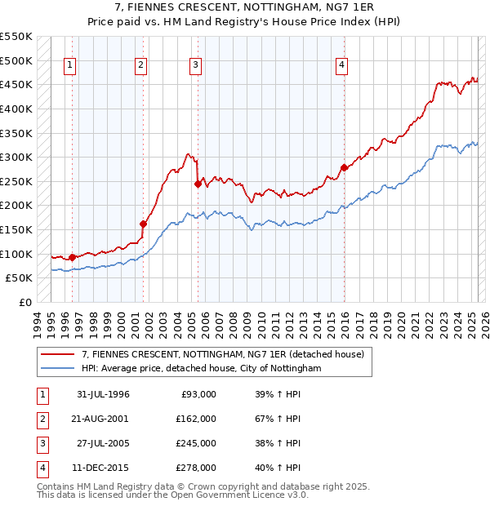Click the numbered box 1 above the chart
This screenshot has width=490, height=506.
[x=69, y=66]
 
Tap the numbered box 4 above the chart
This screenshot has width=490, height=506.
[x=341, y=66]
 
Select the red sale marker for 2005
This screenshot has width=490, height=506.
[x=198, y=184]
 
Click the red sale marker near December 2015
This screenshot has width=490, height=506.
[x=344, y=168]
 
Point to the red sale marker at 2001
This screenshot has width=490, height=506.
[x=143, y=224]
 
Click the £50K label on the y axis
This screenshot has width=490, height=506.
[x=19, y=278]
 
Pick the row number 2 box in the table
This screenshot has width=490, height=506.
[x=41, y=419]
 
